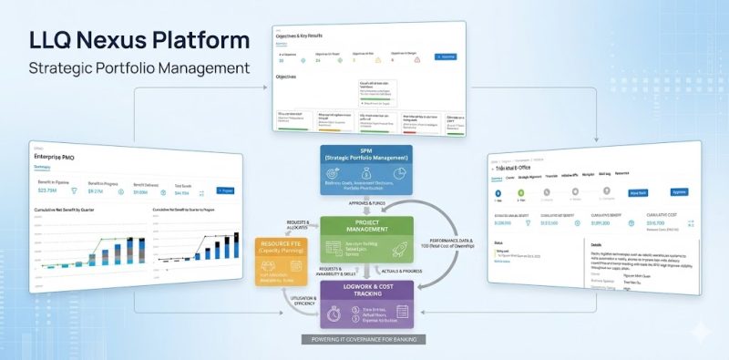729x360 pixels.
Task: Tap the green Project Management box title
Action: (365, 228)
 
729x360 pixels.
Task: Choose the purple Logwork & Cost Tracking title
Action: (365, 294)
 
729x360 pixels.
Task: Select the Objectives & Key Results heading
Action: (308, 36)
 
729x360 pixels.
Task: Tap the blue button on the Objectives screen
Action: (447, 57)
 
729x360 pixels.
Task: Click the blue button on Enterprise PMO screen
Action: (225, 190)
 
